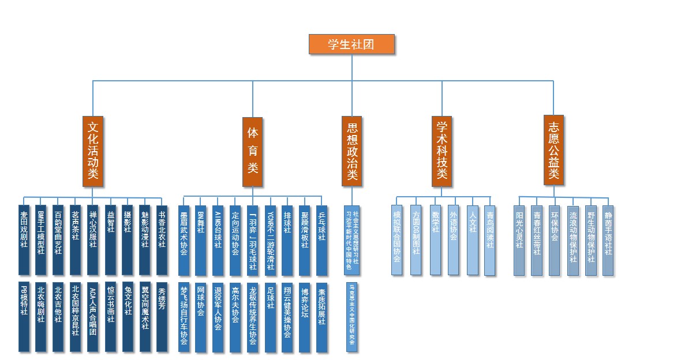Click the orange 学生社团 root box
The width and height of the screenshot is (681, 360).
pos(351,44)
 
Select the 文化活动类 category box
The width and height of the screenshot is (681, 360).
pos(93,152)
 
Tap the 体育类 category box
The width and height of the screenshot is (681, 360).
pos(252,152)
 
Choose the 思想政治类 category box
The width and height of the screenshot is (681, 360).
pos(351,152)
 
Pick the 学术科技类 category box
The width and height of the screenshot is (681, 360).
pos(441,152)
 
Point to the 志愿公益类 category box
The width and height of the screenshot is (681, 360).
pos(553,152)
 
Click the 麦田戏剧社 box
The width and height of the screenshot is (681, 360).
pos(24,239)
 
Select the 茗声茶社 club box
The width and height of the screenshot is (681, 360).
pos(76,239)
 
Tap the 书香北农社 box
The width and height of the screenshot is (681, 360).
pos(162,239)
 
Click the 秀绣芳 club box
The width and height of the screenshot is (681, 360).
pos(162,316)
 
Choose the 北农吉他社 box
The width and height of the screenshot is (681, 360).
pos(58,316)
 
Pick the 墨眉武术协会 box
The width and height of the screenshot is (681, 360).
pos(184,239)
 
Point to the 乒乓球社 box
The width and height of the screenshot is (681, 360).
pos(322,239)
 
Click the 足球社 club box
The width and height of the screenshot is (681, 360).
pos(270,316)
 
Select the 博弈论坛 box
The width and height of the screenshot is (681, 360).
pos(305,316)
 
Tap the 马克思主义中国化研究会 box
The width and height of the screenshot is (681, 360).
pos(351,316)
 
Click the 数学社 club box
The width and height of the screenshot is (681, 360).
pos(435,239)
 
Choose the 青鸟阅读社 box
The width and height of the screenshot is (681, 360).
pos(490,239)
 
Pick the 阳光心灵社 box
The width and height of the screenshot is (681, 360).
pos(519,239)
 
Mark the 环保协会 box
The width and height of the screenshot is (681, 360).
pos(555,239)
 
